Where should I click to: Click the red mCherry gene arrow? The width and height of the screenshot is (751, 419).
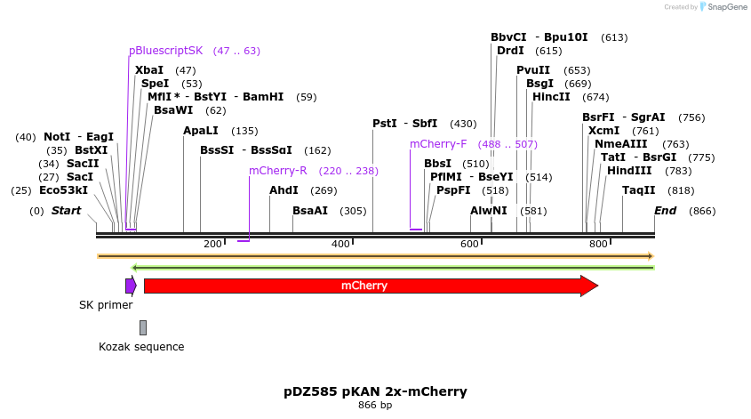coord(364,286)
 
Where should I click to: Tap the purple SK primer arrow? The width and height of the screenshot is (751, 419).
coord(131,286)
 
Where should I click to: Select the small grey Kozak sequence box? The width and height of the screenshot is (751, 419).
coord(142,327)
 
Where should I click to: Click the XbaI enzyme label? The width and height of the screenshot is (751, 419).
coord(149,70)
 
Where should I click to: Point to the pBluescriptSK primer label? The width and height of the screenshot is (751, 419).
coord(165,51)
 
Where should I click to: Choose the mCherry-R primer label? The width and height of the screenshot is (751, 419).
coord(277,171)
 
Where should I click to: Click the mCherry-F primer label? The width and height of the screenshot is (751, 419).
coord(438,144)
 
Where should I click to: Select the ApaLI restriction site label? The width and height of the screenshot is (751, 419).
coord(201,131)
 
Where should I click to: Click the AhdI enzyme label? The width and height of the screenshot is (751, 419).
coord(284,190)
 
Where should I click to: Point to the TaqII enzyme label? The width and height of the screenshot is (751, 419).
coord(639,190)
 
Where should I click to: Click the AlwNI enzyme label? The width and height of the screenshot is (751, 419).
coord(489,211)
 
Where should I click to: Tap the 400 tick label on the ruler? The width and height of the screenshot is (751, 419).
coord(340,244)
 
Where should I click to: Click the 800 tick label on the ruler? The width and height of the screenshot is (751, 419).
coord(597,244)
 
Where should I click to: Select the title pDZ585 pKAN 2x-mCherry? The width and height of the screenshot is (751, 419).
coord(375,391)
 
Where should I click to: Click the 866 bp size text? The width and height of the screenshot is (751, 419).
coord(375,406)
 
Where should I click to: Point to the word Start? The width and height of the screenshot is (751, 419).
coord(67,211)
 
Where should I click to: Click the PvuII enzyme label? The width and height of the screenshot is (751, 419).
coord(533,70)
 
